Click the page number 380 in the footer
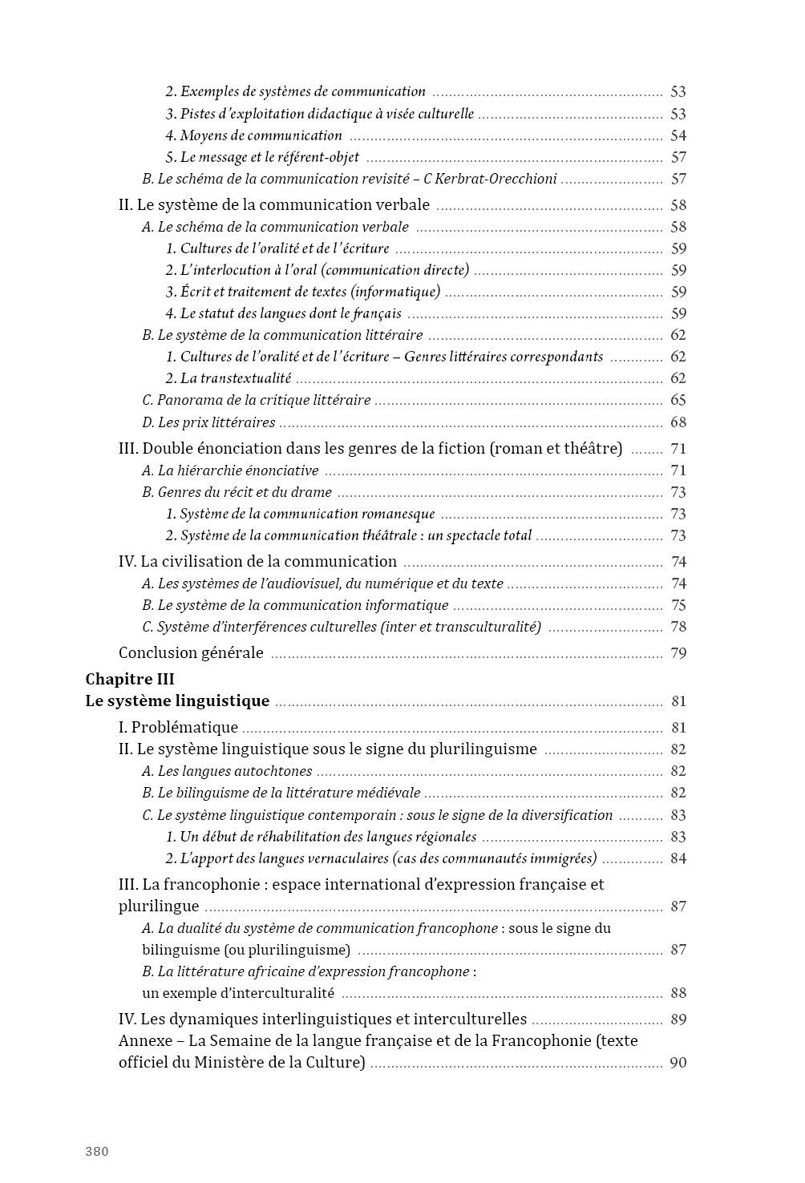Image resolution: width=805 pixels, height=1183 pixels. [96, 1152]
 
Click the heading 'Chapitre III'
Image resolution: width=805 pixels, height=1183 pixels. [130, 680]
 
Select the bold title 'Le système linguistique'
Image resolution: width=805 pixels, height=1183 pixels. [177, 701]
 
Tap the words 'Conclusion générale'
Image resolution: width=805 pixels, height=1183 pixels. [191, 653]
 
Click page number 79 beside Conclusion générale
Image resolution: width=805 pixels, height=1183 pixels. [678, 653]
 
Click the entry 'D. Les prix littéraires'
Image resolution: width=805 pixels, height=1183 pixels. [208, 422]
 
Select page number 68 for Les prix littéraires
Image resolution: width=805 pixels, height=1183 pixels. [678, 422]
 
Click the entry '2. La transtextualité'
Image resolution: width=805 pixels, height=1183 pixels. [229, 378]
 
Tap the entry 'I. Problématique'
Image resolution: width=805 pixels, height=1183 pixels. [178, 728]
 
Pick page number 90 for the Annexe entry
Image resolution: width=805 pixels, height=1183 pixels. [678, 1063]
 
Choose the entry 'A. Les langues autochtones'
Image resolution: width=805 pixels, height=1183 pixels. [227, 772]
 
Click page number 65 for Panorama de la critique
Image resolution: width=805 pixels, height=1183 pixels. [678, 400]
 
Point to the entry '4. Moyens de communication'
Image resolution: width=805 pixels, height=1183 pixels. [253, 136]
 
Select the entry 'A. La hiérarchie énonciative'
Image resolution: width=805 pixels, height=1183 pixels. [230, 470]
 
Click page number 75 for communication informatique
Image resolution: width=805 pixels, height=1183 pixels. [678, 605]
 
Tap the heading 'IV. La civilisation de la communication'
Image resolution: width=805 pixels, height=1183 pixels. [257, 562]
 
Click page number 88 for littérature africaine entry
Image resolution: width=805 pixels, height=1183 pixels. [678, 993]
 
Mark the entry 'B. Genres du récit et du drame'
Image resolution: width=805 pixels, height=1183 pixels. [237, 492]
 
